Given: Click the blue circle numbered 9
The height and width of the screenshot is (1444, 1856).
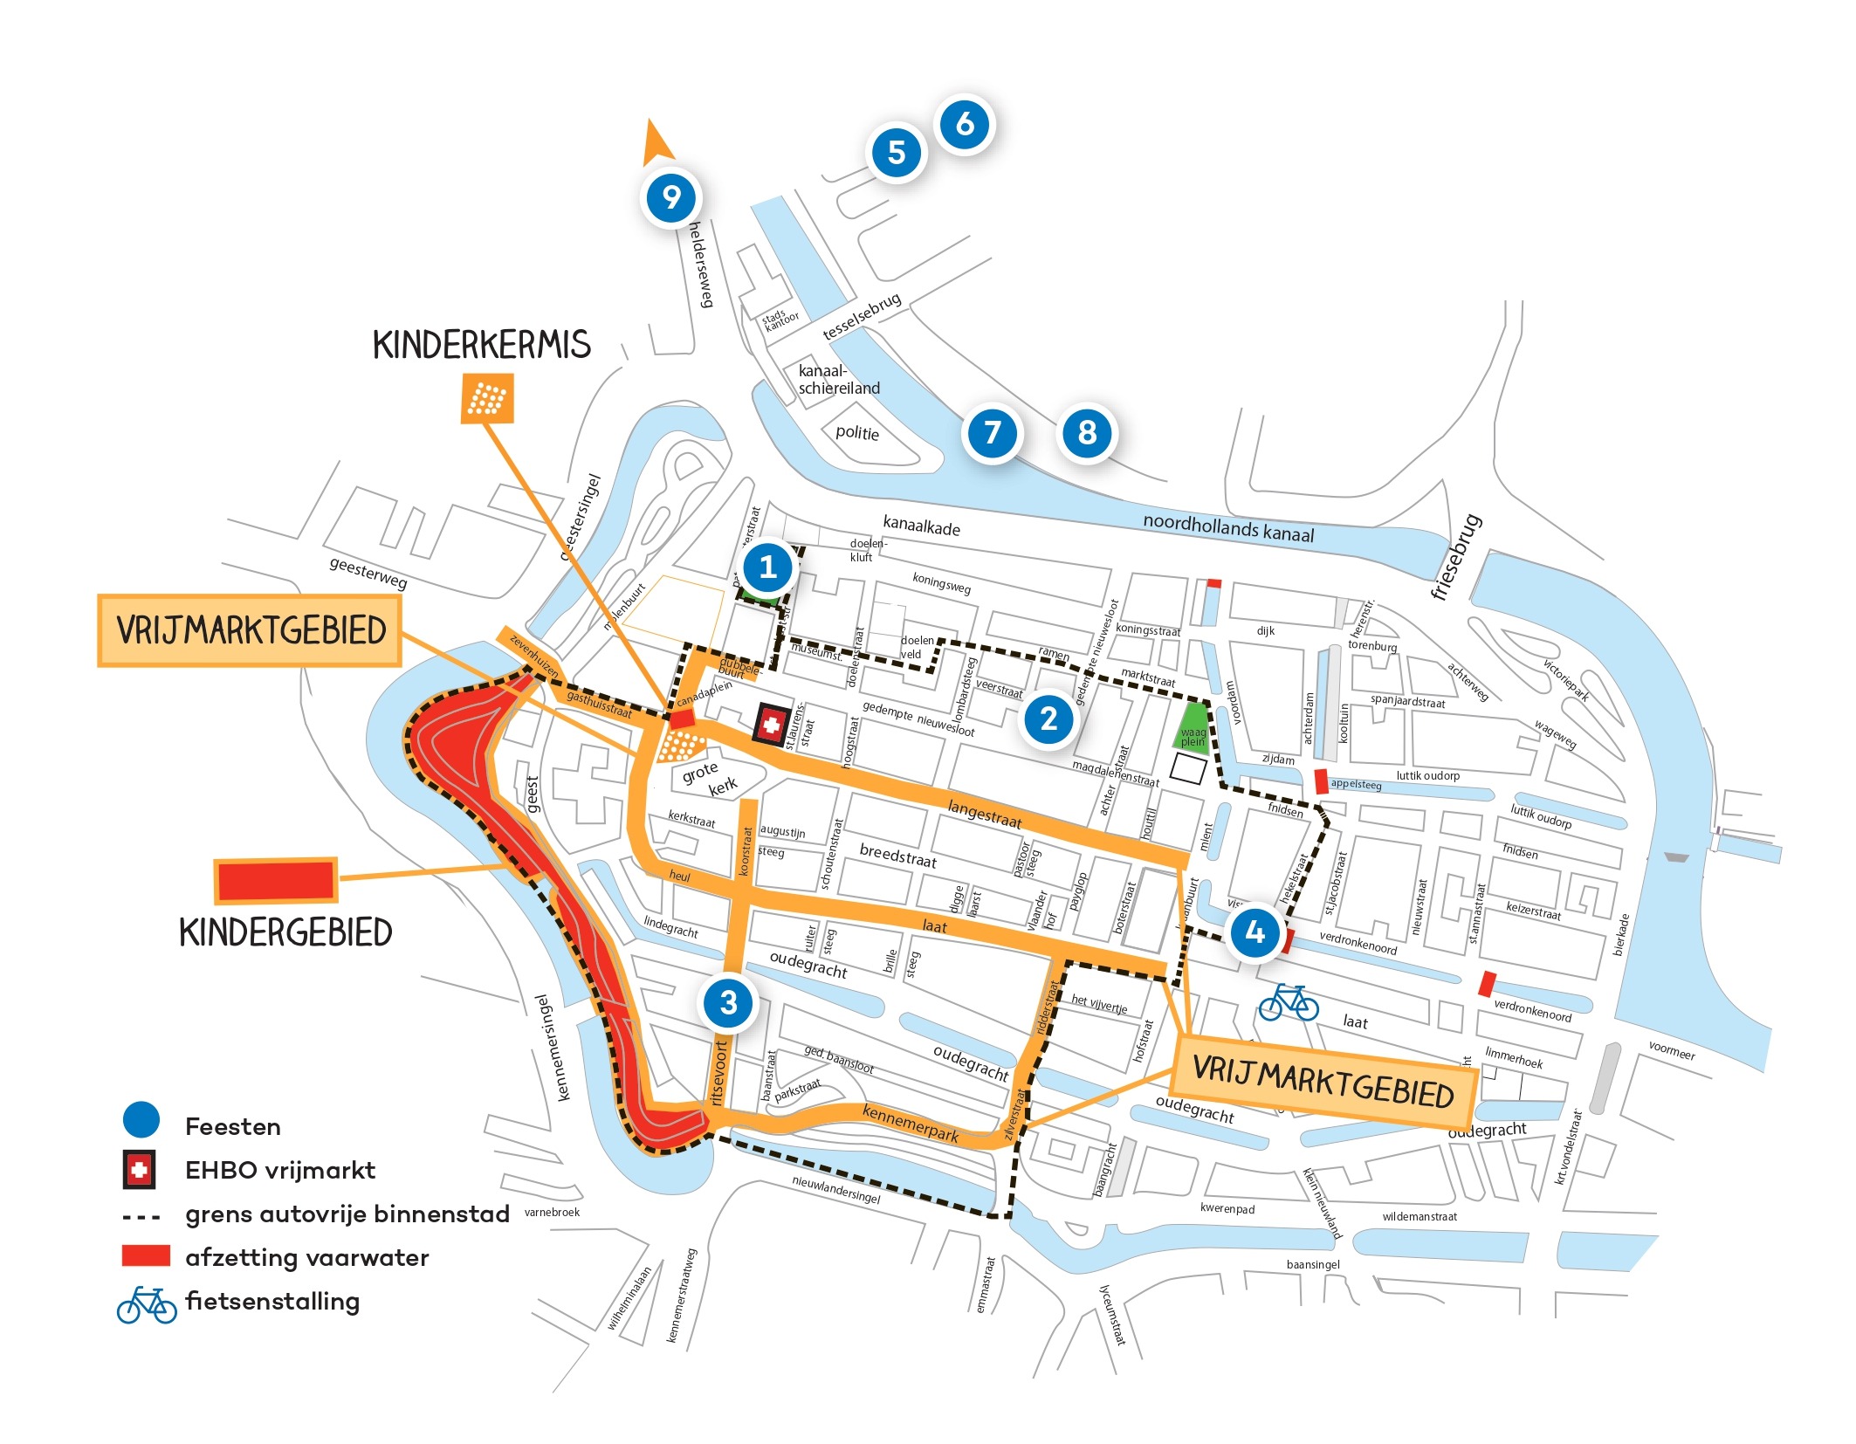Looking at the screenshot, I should [670, 197].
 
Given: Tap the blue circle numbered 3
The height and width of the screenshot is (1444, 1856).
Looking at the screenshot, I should [728, 1003].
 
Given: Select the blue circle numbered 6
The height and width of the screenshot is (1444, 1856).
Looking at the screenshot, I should [964, 124].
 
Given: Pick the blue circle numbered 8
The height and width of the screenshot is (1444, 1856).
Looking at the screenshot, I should [1086, 432].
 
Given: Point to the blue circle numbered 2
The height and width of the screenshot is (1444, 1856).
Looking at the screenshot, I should [1048, 719].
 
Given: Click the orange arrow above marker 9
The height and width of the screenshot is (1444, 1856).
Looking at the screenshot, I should [656, 142].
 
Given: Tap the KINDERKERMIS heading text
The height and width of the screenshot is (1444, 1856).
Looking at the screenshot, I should [481, 344].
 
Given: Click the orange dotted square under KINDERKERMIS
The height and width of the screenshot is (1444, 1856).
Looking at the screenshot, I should [487, 399].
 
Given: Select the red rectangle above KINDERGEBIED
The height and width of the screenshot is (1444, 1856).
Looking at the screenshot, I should [276, 880].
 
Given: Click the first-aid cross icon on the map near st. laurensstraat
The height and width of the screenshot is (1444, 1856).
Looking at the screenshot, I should [771, 724].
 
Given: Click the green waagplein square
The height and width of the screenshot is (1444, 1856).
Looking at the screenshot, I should [1193, 728].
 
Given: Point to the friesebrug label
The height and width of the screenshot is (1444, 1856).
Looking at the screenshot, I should [1456, 557].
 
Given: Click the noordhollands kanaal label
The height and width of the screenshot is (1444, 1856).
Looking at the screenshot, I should [1227, 528].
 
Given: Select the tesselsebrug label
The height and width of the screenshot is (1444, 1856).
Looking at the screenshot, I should [861, 317].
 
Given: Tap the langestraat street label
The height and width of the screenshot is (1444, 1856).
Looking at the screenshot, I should [984, 815].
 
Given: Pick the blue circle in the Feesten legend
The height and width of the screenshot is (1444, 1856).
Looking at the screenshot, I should [141, 1119].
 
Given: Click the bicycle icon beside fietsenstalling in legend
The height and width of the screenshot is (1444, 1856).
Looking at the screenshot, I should [147, 1305].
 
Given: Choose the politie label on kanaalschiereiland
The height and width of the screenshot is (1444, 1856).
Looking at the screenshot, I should [856, 433].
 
